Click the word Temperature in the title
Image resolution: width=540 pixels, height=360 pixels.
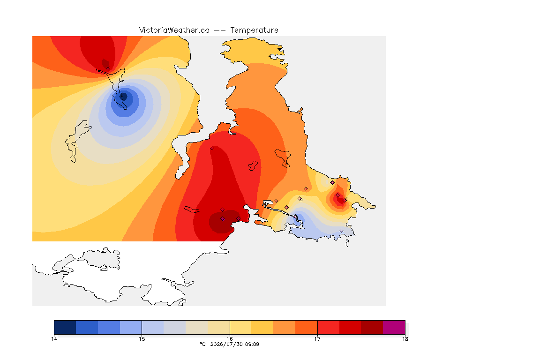(x=254, y=30)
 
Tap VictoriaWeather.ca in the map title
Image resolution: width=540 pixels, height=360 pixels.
(x=174, y=30)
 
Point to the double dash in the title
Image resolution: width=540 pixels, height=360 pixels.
(x=220, y=30)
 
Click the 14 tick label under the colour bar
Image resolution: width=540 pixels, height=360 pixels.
(x=54, y=339)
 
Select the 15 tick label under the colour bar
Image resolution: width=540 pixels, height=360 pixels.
(x=142, y=339)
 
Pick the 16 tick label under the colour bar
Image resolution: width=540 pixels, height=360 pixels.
(x=230, y=339)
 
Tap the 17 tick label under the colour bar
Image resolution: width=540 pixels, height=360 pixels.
(x=317, y=339)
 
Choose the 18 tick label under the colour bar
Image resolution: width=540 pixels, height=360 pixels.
(x=405, y=339)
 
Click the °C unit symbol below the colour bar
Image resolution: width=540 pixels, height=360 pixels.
(x=202, y=344)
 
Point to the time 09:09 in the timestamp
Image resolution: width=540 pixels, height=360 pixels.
(x=252, y=344)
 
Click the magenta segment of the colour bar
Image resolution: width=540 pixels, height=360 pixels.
(x=394, y=327)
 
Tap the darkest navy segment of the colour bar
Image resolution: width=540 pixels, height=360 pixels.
(x=65, y=327)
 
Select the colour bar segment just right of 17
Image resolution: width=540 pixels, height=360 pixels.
(x=328, y=327)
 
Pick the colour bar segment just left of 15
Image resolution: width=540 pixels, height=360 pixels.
(x=131, y=327)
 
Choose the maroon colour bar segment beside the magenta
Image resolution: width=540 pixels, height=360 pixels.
(x=372, y=327)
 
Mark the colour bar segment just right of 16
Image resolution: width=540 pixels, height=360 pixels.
(x=241, y=327)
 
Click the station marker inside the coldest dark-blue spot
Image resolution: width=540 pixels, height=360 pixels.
(x=122, y=94)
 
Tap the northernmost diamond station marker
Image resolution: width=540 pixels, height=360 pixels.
(x=108, y=68)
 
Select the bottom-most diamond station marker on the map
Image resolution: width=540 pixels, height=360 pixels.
(x=341, y=231)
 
